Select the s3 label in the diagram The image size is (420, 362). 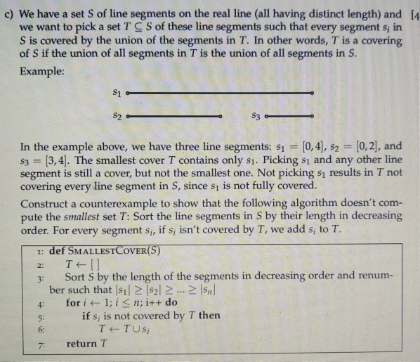click(x=256, y=114)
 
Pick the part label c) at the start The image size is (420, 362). click(x=13, y=15)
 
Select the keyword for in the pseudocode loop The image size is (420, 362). click(x=72, y=302)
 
